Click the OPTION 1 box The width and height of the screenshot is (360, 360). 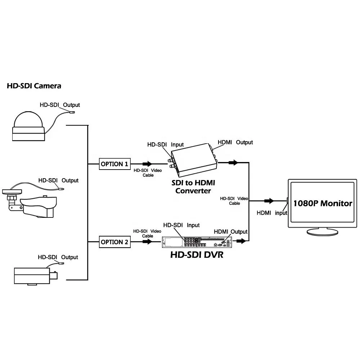(x=114, y=164)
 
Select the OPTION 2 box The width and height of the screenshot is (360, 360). (x=114, y=242)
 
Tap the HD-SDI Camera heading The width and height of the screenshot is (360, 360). (x=34, y=86)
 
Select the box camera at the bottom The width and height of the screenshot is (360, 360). (x=34, y=276)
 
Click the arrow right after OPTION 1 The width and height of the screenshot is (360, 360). (x=148, y=164)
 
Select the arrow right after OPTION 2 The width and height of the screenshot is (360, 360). (x=148, y=242)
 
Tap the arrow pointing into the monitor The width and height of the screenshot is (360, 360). (x=269, y=201)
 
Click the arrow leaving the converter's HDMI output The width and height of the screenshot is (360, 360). (x=233, y=163)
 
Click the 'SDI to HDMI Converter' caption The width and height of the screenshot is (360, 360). (x=193, y=187)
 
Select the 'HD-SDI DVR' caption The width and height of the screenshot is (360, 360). (x=197, y=255)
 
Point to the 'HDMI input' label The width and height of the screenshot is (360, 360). (x=272, y=213)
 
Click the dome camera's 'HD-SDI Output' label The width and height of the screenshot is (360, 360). (x=59, y=105)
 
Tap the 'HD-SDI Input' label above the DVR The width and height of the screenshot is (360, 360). (x=181, y=225)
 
